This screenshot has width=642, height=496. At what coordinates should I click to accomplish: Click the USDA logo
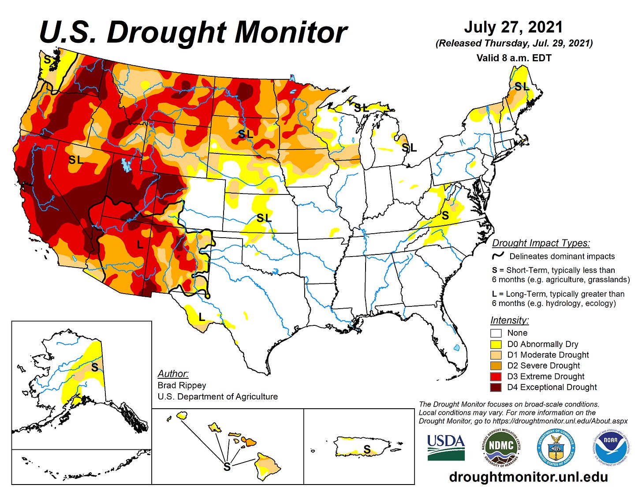pos(446,447)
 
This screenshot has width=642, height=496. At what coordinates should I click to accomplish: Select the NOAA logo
pos(610,447)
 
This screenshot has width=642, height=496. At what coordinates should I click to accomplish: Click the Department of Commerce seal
pos(556,447)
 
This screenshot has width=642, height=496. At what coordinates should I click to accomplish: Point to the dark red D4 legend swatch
pos(496,387)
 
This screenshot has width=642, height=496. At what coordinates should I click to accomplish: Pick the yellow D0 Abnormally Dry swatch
pos(496,344)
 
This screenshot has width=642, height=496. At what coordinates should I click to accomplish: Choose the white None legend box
pos(496,333)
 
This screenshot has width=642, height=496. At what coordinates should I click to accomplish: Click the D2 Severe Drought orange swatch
pos(496,365)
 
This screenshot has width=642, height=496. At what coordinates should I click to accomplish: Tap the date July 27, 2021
pos(513,27)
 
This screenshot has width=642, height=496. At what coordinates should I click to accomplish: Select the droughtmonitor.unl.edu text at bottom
pos(528,477)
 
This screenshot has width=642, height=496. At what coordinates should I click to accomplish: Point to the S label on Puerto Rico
pos(367,449)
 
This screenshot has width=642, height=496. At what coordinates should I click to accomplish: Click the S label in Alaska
pos(95,367)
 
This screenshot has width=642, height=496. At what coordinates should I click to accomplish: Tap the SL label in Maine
pos(522,87)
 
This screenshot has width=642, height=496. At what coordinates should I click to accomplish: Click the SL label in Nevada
pos(76,160)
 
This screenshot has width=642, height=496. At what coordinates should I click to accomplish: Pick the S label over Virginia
pos(445,216)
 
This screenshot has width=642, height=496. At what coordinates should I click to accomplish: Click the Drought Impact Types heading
pos(541,243)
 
